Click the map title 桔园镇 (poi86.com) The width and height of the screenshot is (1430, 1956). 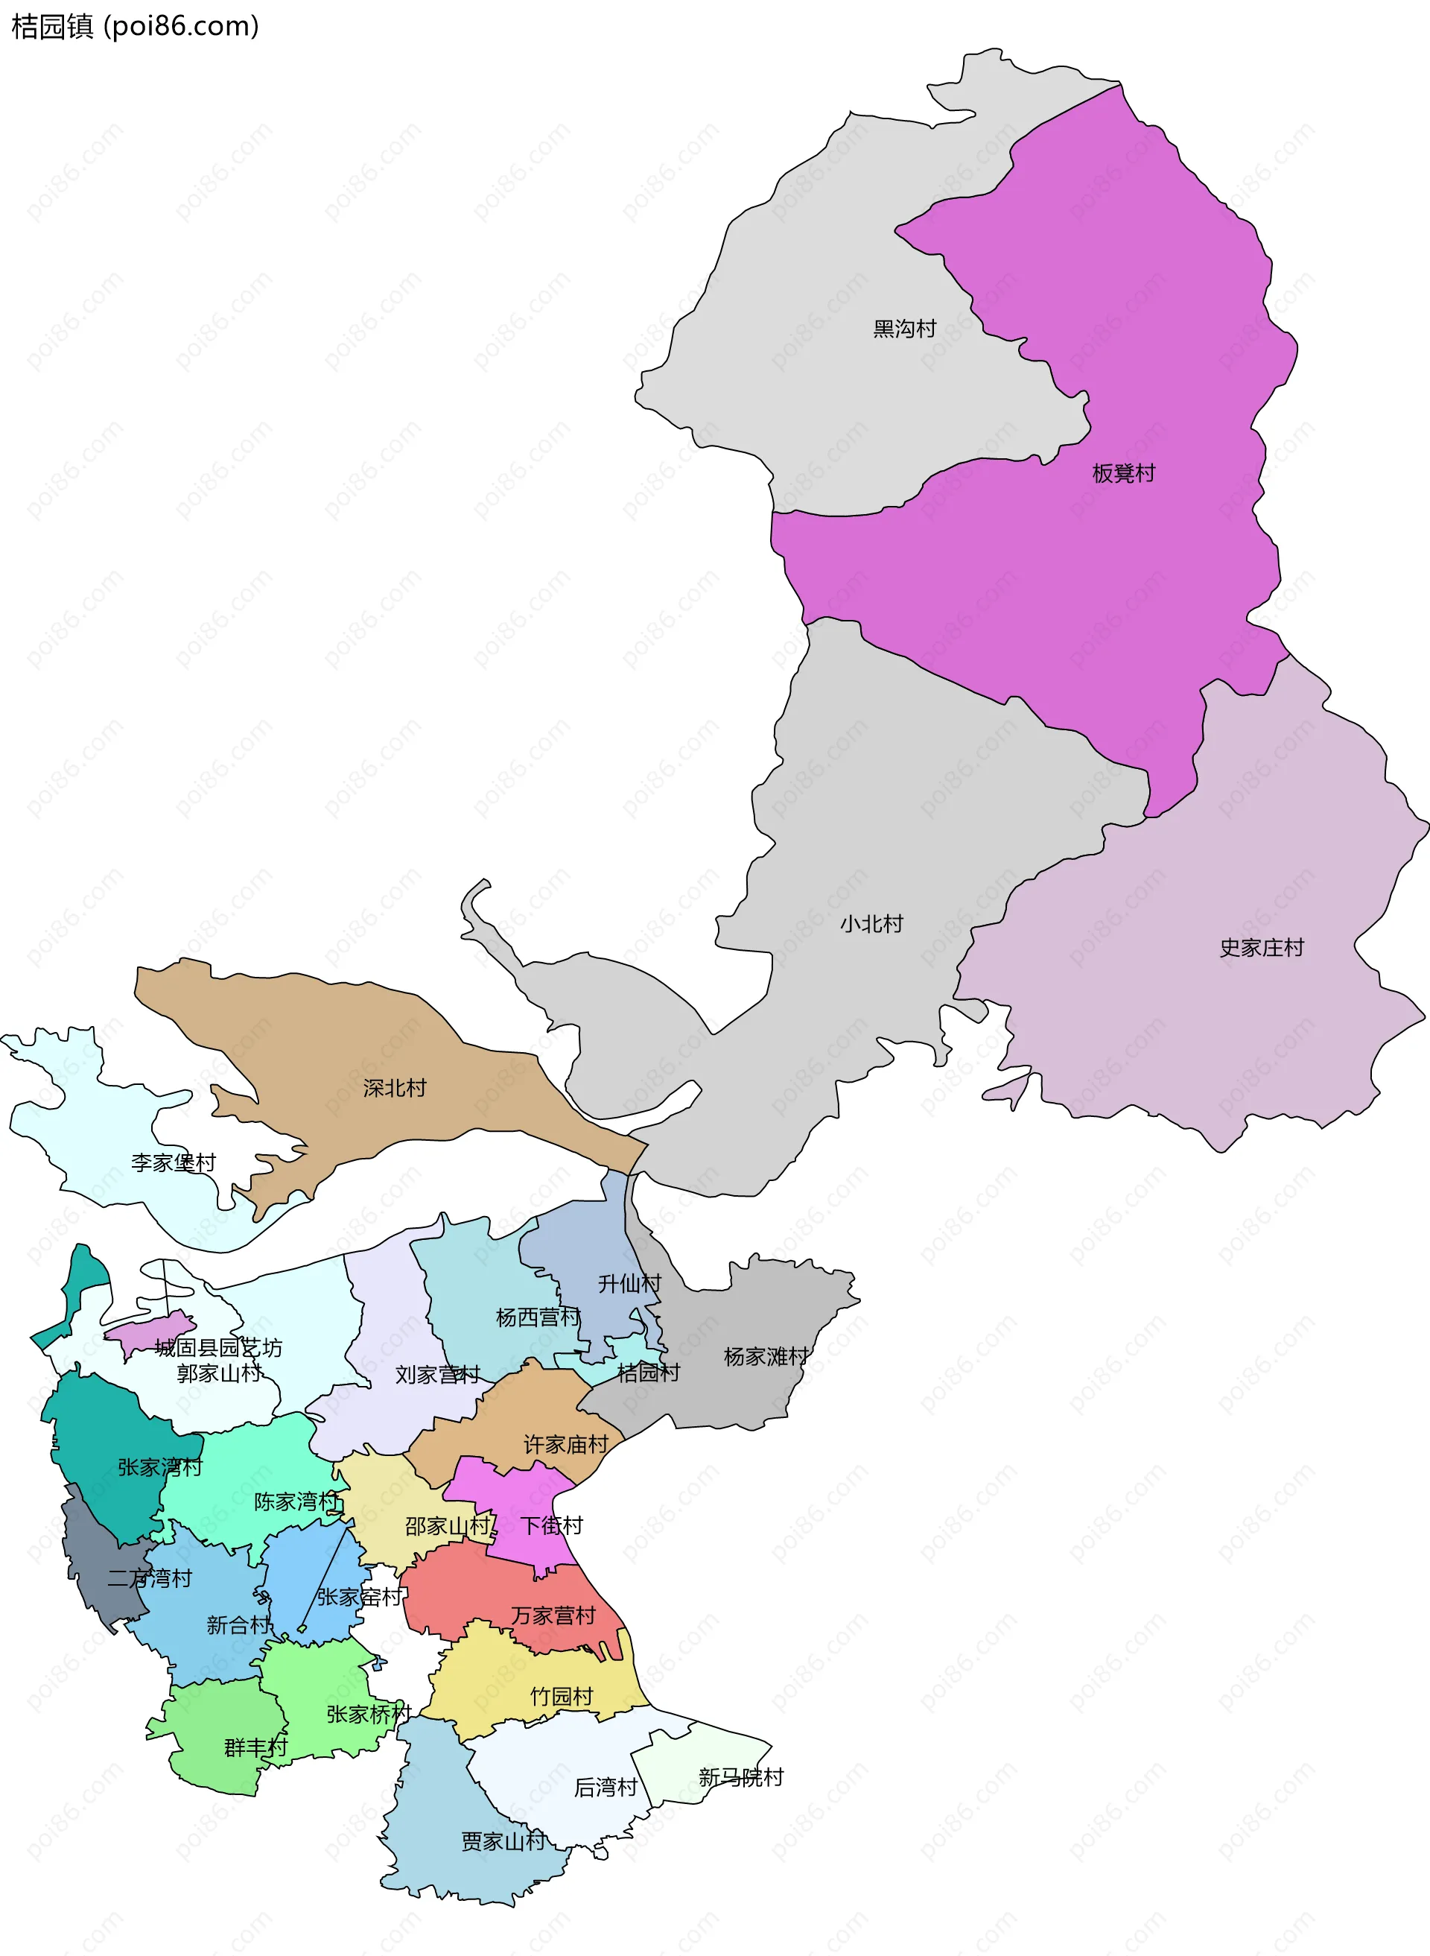pyautogui.click(x=134, y=26)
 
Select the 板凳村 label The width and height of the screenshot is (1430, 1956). pyautogui.click(x=1122, y=472)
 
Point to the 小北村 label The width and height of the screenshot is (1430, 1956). pyautogui.click(x=871, y=924)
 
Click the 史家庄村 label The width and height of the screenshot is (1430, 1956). pyautogui.click(x=1260, y=947)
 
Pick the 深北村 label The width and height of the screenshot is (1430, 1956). pyautogui.click(x=394, y=1087)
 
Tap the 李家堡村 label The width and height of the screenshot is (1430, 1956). pyautogui.click(x=173, y=1162)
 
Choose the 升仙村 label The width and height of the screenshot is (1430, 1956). pyautogui.click(x=629, y=1283)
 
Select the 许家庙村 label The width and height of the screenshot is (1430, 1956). pyautogui.click(x=565, y=1444)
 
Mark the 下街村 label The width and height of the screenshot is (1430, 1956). pyautogui.click(x=550, y=1525)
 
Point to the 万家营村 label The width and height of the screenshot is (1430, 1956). pyautogui.click(x=553, y=1615)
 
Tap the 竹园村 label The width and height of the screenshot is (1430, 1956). pyautogui.click(x=561, y=1696)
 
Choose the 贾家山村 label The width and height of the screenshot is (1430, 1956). pyautogui.click(x=502, y=1841)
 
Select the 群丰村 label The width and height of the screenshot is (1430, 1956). pyautogui.click(x=255, y=1747)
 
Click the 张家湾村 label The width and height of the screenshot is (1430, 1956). pyautogui.click(x=159, y=1466)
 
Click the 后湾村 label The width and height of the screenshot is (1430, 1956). pyautogui.click(x=605, y=1787)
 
